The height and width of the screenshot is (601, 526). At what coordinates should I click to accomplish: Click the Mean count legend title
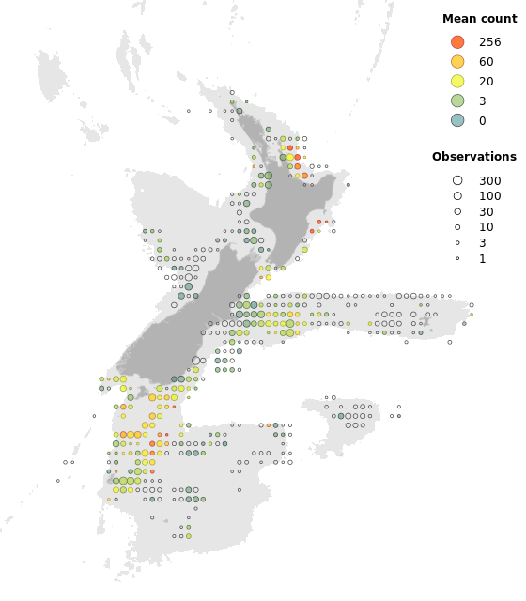point(479,18)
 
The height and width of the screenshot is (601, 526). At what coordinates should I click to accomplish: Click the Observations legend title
point(473,157)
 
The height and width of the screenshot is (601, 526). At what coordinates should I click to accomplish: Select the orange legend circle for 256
point(457,42)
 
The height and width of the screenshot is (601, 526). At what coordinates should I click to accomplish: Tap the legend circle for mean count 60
point(457,61)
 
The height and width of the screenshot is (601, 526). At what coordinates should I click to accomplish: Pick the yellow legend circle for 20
point(457,81)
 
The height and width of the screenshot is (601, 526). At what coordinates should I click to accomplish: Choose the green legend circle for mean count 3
point(457,100)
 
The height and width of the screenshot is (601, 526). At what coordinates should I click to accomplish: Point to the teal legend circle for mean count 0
point(457,120)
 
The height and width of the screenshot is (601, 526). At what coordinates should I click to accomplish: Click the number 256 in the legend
point(489,42)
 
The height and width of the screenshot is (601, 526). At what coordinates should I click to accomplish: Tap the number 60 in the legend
point(486,62)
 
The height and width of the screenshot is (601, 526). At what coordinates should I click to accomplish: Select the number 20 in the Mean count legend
point(486,82)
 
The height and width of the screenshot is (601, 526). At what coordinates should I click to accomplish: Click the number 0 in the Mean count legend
point(482,121)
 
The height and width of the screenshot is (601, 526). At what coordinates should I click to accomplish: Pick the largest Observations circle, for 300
point(457,180)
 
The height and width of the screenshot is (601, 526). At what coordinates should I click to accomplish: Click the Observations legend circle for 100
point(457,196)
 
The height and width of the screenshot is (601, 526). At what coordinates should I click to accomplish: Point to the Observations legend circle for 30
point(457,212)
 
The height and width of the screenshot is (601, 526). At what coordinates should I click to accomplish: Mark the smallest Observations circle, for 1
point(457,258)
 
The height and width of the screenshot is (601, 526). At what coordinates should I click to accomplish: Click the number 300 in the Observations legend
point(489,181)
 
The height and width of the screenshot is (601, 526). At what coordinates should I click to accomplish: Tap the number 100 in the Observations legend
point(489,197)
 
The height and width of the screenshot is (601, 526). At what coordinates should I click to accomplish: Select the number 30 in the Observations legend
point(486,212)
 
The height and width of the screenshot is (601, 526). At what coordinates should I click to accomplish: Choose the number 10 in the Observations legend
point(486,227)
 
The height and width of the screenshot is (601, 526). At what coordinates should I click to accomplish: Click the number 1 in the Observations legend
point(482,259)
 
